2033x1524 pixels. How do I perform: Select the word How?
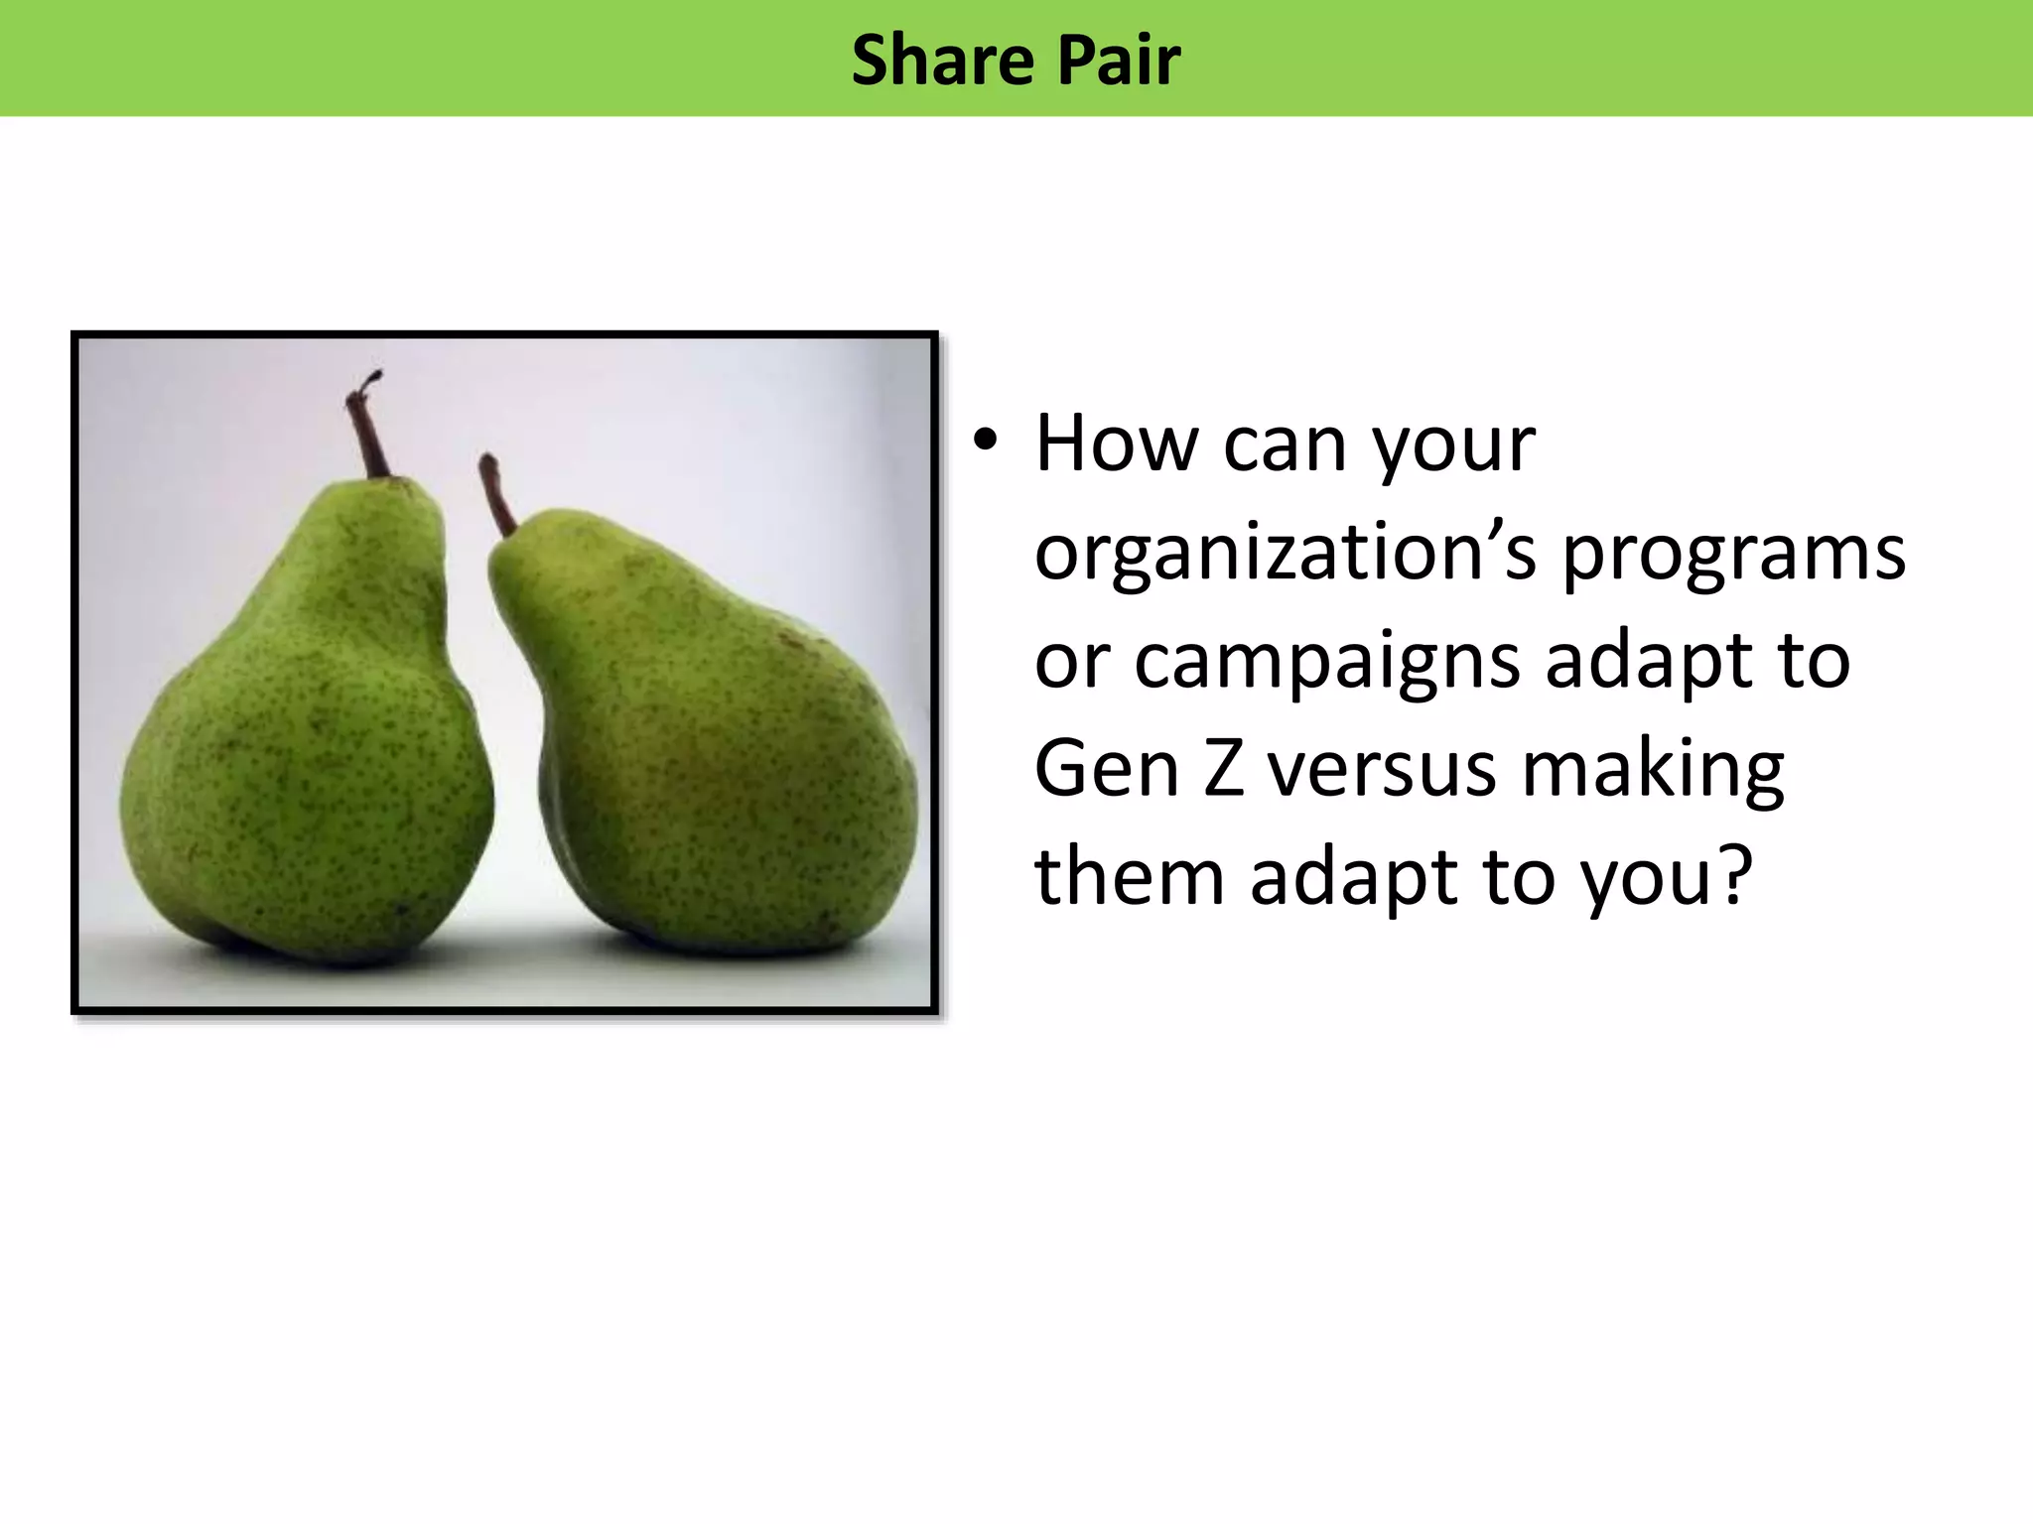[x=1116, y=444]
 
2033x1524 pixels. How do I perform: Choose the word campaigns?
[x=1326, y=663]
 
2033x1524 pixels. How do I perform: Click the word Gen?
[x=1106, y=769]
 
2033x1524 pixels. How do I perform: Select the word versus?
[x=1381, y=771]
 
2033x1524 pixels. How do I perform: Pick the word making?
[x=1653, y=771]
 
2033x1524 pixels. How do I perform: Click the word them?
[x=1129, y=877]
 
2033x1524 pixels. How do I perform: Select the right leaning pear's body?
[x=715, y=754]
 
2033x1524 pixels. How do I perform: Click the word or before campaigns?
[x=1071, y=663]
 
